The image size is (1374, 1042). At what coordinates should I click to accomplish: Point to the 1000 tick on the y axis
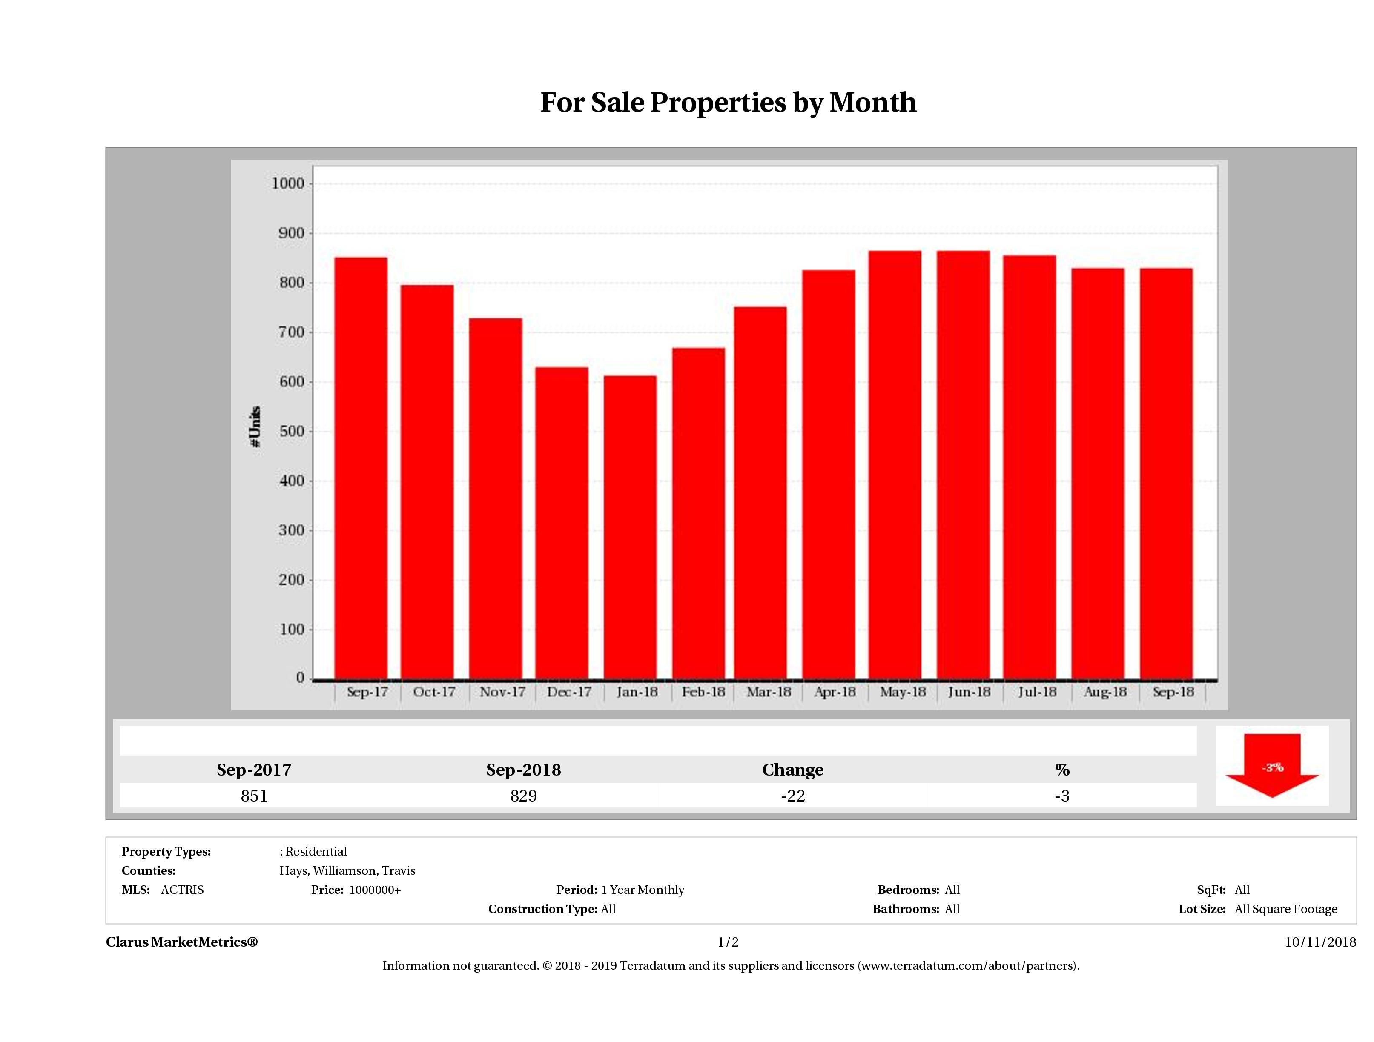tap(288, 184)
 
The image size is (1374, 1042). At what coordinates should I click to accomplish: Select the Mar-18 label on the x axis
tap(769, 692)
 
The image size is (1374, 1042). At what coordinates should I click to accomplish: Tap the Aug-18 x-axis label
tap(1105, 692)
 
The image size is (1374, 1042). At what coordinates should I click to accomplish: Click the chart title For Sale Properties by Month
tap(728, 103)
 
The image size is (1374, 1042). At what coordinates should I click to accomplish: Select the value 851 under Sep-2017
tap(254, 796)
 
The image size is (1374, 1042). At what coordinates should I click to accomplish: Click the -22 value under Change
tap(793, 796)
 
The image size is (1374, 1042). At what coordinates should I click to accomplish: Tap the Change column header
tap(793, 770)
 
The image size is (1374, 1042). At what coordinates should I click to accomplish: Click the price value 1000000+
tap(375, 890)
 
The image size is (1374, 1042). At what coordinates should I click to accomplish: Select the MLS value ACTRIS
tap(182, 890)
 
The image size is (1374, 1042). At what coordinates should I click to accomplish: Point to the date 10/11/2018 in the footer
tap(1320, 942)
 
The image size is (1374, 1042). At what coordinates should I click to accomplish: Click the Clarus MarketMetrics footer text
tap(181, 942)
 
